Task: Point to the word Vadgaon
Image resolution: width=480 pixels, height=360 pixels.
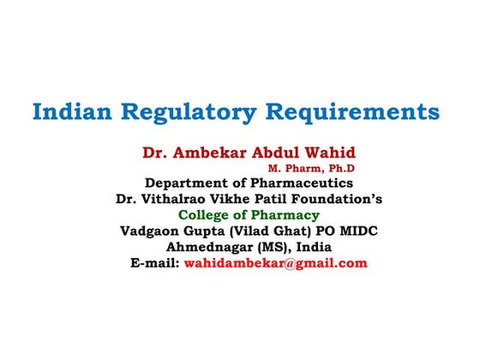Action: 155,231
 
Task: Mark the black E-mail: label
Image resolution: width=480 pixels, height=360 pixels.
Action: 154,263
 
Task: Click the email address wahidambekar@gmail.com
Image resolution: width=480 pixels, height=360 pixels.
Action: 275,263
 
